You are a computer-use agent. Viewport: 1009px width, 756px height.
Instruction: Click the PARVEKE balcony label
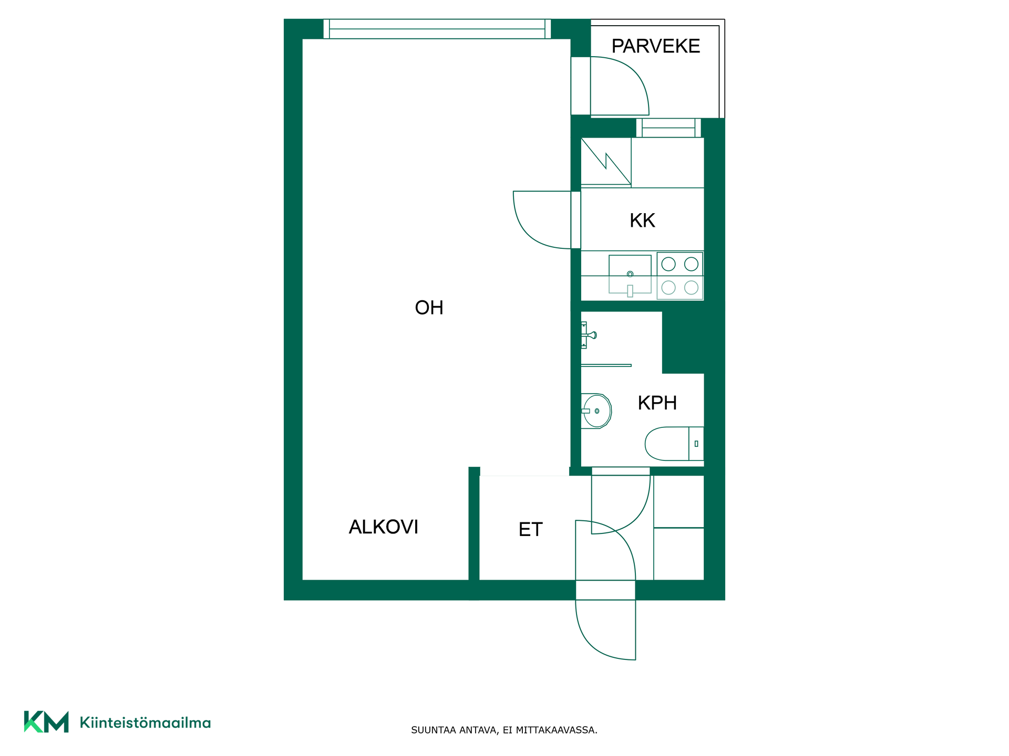655,46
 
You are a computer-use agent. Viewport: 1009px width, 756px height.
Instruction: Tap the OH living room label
429,308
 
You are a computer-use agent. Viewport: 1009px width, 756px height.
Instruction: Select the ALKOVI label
384,527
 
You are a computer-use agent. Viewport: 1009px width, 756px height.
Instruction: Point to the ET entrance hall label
530,529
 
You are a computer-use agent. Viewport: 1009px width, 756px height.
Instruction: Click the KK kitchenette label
642,220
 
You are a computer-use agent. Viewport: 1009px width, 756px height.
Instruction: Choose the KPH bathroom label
657,403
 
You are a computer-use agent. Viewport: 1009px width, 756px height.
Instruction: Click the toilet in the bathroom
674,444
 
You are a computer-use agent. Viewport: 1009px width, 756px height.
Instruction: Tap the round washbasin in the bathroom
596,411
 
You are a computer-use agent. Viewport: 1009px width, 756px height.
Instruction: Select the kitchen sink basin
630,275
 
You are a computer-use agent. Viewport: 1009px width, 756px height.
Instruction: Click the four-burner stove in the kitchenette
680,276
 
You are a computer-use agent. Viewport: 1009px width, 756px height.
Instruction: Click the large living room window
437,29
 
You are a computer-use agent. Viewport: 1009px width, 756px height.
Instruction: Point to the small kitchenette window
668,128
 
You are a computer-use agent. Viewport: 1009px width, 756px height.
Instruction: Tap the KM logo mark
46,722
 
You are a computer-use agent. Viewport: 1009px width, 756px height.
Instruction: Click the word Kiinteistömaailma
145,722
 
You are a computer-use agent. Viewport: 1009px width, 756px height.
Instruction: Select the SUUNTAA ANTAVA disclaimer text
504,730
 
